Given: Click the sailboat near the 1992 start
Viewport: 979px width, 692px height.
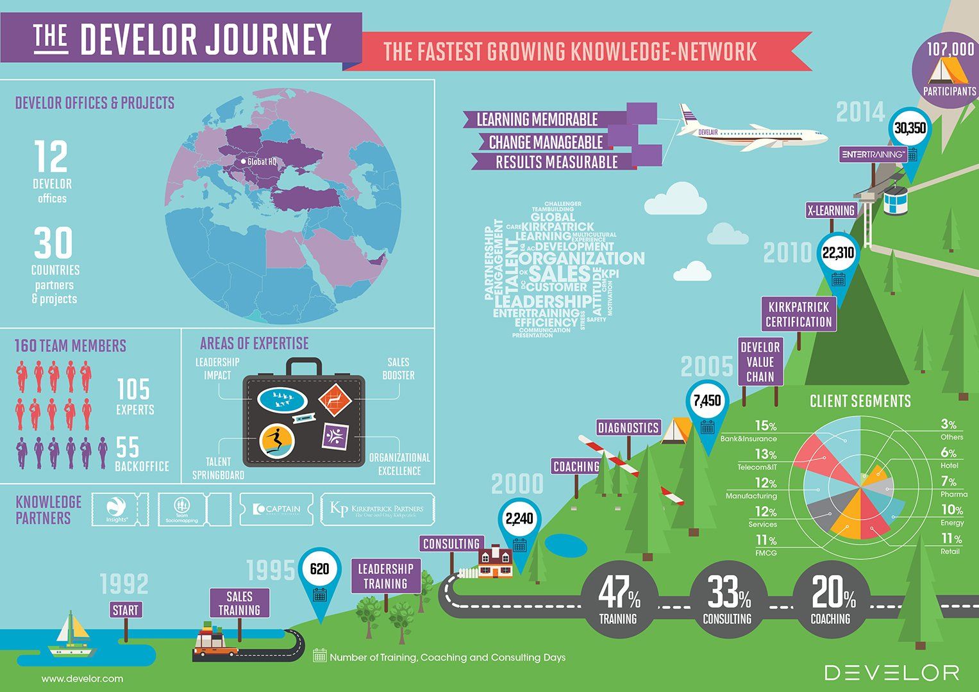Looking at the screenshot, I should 72,634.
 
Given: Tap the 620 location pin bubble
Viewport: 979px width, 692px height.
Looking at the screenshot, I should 319,570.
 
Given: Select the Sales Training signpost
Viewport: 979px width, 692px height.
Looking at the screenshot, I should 240,604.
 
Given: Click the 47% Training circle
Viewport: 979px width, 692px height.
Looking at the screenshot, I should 619,600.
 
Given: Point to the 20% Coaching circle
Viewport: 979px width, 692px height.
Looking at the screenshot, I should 832,600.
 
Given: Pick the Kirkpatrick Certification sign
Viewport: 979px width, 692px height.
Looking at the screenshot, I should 799,314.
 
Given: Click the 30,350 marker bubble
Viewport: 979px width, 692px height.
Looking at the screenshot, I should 910,129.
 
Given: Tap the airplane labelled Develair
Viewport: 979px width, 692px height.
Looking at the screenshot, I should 750,131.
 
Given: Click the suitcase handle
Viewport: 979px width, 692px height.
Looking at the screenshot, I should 304,367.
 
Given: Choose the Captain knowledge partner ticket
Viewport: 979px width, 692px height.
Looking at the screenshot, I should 276,509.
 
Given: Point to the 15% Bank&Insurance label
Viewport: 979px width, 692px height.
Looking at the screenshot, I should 757,431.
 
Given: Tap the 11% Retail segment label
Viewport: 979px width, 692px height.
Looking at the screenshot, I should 951,544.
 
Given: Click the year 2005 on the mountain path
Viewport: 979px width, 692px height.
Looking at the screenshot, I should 707,367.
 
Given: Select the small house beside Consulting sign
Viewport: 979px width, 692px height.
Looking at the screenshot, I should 496,563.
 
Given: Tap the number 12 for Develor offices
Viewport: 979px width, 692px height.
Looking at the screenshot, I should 51,158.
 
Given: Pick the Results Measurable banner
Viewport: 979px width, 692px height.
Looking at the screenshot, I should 556,162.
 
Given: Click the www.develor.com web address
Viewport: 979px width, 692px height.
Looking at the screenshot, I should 82,679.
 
